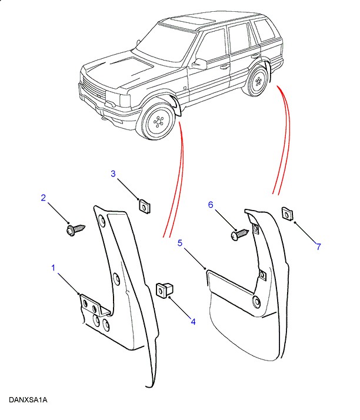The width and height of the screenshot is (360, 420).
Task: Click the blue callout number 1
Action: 53,268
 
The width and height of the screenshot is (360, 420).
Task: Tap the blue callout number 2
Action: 43,198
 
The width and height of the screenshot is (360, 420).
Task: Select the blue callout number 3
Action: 113,174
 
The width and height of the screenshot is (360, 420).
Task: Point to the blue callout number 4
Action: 193,321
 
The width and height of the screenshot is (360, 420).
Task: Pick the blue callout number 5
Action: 180,243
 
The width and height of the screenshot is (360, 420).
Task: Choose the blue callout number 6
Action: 211,205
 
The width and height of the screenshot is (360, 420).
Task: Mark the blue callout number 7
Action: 318,246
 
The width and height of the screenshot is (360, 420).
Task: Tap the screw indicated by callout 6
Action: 240,234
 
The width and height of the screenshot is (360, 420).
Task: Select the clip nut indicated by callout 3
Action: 144,206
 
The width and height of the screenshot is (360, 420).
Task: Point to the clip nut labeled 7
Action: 287,214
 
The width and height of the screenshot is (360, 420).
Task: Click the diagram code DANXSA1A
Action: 28,400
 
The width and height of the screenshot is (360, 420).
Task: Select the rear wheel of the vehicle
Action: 256,81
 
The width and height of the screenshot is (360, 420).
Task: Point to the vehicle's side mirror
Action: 199,64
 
